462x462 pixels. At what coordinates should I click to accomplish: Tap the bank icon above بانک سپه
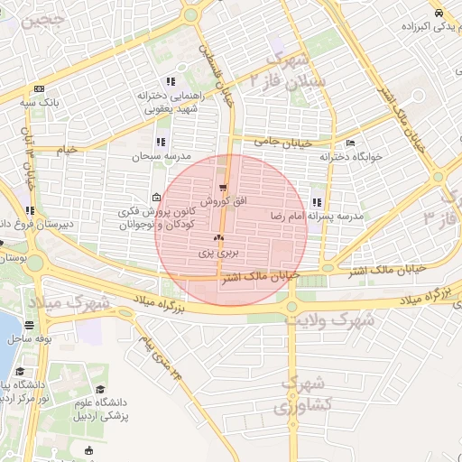pos(39,88)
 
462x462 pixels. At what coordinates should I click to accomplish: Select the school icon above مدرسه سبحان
pos(160,142)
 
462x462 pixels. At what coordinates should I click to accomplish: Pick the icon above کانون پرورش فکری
pos(157,199)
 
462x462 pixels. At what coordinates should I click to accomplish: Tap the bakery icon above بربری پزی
pos(217,239)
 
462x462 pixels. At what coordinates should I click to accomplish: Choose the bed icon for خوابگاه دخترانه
pos(350,143)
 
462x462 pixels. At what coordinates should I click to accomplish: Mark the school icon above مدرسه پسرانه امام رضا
pos(316,203)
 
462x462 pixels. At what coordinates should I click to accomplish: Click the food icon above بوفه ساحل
pos(30,324)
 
